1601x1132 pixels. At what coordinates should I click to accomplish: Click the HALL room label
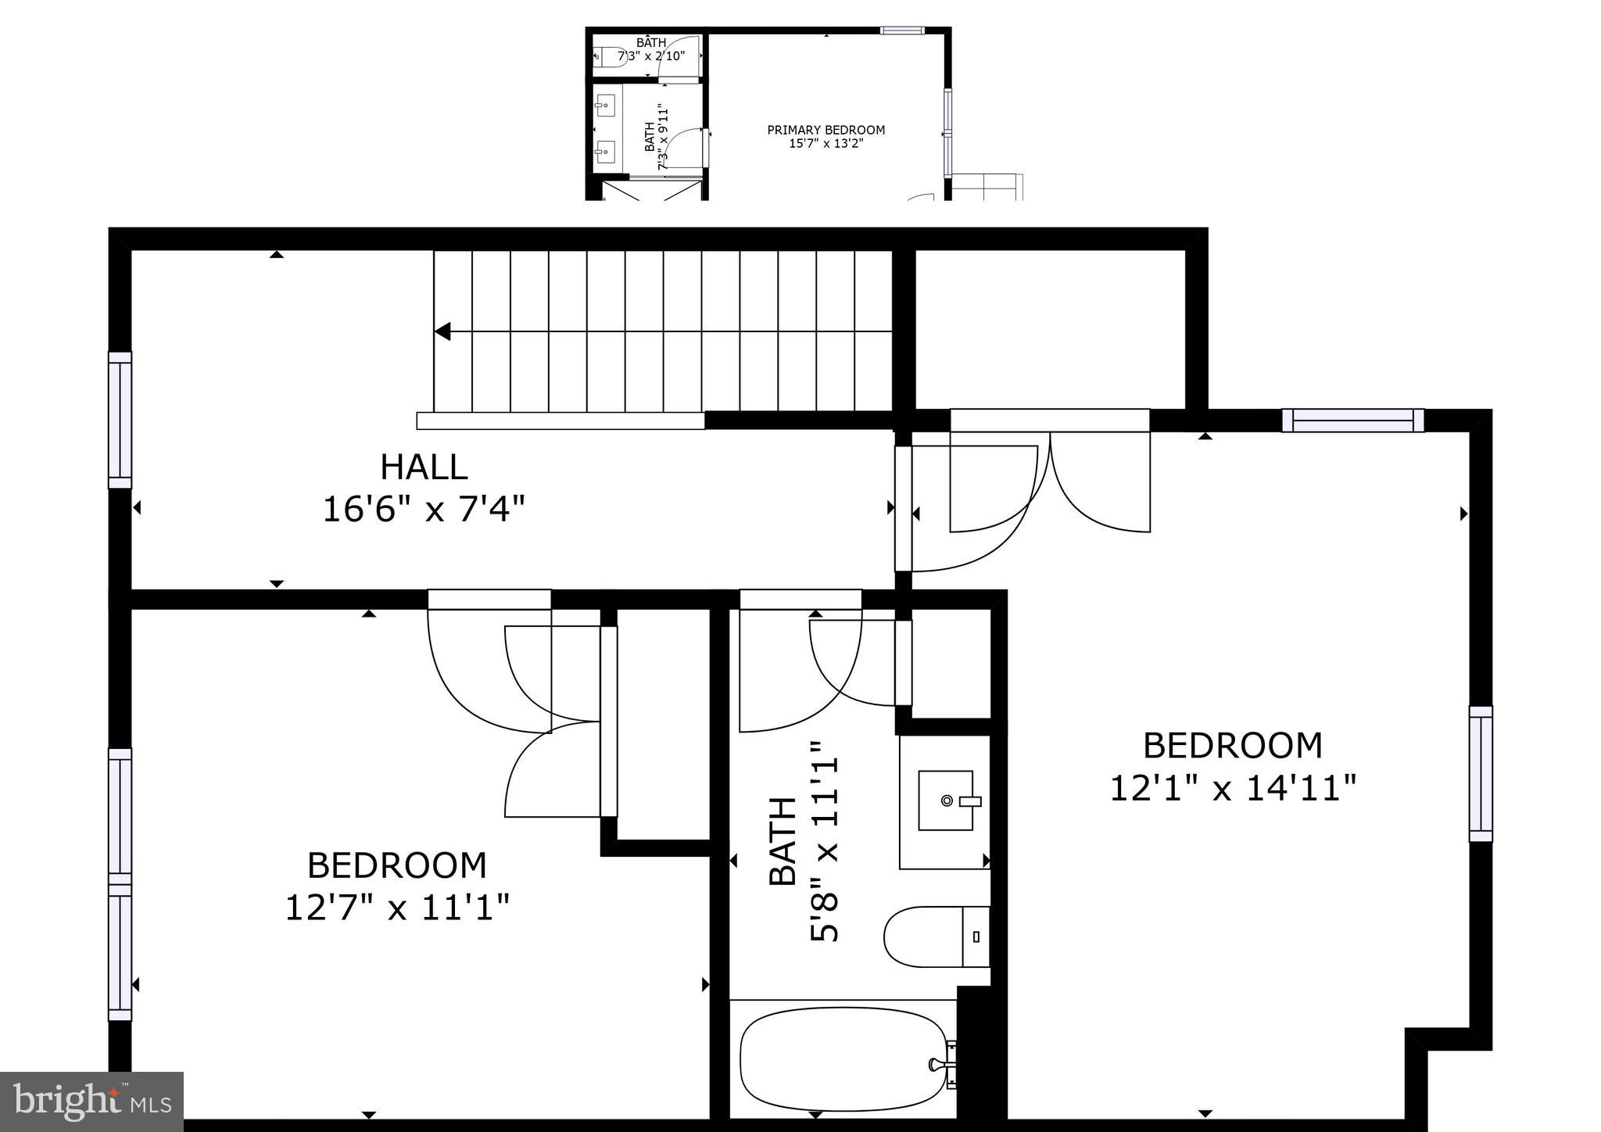click(x=424, y=467)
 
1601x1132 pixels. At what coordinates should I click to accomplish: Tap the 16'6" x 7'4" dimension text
click(x=424, y=510)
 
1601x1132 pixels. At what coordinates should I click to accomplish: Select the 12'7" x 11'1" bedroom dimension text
click(x=397, y=908)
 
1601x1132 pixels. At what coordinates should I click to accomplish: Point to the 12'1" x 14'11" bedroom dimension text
click(x=1233, y=788)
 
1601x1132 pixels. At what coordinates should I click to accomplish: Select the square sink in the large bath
click(x=946, y=801)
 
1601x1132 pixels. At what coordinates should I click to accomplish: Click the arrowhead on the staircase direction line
click(x=442, y=331)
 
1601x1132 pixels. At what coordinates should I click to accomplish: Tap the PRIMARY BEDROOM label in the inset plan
click(x=826, y=130)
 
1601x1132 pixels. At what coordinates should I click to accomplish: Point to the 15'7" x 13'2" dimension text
click(x=826, y=143)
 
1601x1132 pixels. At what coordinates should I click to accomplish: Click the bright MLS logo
click(x=91, y=1102)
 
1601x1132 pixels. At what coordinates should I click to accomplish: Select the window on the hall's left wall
click(x=120, y=420)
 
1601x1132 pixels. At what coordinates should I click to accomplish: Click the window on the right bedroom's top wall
click(x=1352, y=421)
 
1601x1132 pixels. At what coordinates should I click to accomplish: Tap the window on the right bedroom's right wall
click(x=1480, y=774)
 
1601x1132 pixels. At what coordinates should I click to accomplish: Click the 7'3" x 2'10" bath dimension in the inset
click(x=651, y=56)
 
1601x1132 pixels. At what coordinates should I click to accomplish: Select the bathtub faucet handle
click(x=936, y=1065)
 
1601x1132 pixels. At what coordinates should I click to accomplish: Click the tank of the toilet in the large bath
click(x=976, y=937)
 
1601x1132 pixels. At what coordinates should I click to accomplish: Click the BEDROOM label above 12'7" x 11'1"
click(x=397, y=865)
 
